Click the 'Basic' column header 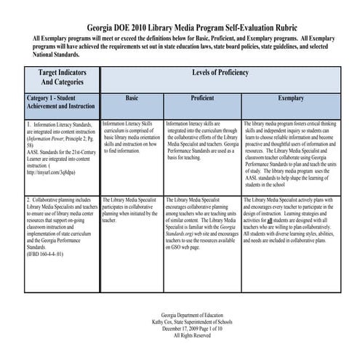132,97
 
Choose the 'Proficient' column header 201,97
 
